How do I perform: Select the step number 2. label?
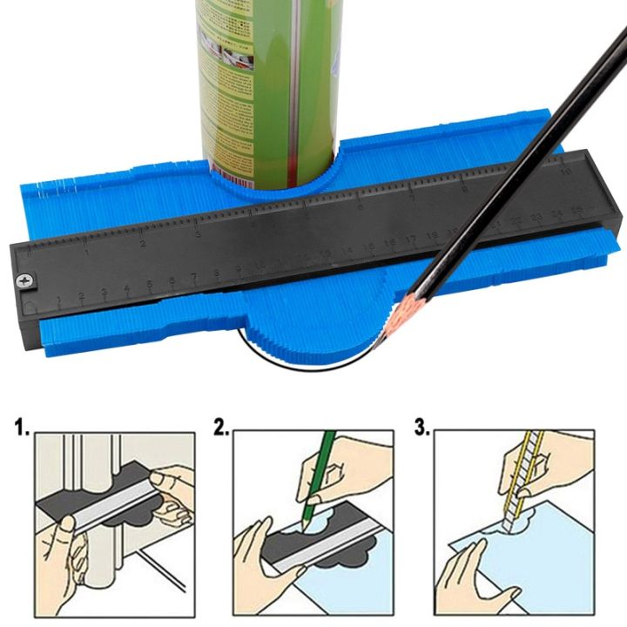click(221, 428)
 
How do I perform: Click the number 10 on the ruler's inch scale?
click(566, 172)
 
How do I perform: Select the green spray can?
click(261, 78)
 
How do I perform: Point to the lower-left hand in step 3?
click(475, 566)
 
